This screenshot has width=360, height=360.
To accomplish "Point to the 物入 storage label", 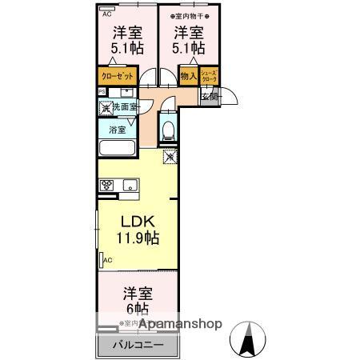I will (x=188, y=77).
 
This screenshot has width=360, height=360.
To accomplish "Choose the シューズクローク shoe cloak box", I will (x=209, y=76).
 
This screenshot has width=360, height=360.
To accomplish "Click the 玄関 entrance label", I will (x=208, y=97).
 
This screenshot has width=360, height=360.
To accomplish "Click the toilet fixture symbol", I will (x=166, y=130).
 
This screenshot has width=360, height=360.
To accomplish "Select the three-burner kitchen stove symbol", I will (x=108, y=186).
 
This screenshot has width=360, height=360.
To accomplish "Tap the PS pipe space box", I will (x=102, y=91).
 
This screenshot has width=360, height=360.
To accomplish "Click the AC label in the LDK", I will (x=107, y=260).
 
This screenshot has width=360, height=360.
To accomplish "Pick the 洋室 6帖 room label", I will (x=137, y=300).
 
